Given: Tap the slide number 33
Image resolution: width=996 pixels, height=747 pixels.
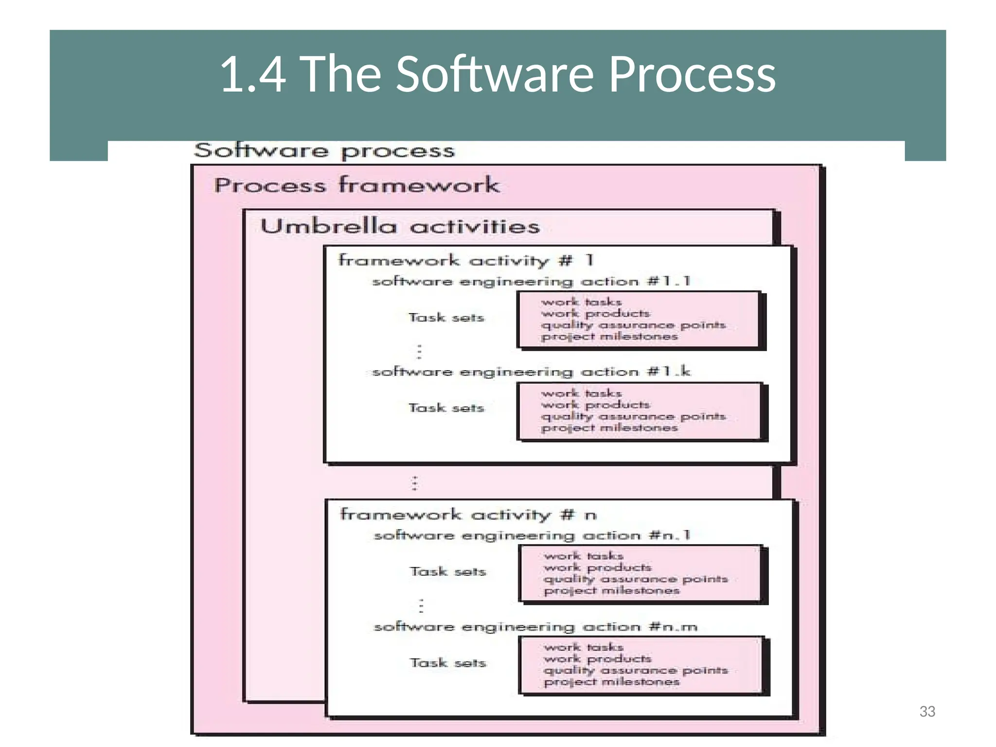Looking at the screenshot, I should [927, 711].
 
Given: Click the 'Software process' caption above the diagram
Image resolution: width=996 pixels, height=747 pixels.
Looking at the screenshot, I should [324, 151].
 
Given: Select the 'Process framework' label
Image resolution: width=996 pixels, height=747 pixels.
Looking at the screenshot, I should [357, 185].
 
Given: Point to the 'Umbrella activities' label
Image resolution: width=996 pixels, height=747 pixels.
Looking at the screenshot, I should [400, 227].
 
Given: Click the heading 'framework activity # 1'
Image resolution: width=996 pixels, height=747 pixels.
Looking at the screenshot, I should [465, 260].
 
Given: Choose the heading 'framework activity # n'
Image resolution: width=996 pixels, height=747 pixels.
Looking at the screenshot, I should [468, 514].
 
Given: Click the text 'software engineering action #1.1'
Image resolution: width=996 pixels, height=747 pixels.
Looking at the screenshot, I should [531, 281].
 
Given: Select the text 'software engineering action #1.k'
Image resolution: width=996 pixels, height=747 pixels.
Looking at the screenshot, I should [531, 372].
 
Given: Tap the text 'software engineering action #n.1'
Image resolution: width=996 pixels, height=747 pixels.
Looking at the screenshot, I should [532, 535].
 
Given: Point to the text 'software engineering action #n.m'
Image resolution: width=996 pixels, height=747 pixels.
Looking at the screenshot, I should [535, 626].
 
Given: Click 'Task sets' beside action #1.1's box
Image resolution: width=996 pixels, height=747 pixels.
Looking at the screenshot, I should [446, 318].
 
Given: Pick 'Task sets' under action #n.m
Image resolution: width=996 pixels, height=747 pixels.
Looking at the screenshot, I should [448, 662].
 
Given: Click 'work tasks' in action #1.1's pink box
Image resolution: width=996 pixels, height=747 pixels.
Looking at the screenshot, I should [581, 302].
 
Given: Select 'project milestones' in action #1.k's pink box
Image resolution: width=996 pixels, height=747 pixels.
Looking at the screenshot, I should [609, 428].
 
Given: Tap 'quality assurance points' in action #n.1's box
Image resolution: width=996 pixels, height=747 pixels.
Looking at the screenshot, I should [636, 579].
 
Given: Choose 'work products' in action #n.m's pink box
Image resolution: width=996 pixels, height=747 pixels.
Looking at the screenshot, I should [597, 658].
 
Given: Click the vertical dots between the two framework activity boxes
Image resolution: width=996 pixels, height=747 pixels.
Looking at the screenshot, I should [414, 483].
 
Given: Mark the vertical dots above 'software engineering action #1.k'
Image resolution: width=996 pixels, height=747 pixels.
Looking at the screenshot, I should [419, 351].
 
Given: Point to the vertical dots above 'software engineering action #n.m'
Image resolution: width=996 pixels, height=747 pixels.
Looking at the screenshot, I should [421, 605].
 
